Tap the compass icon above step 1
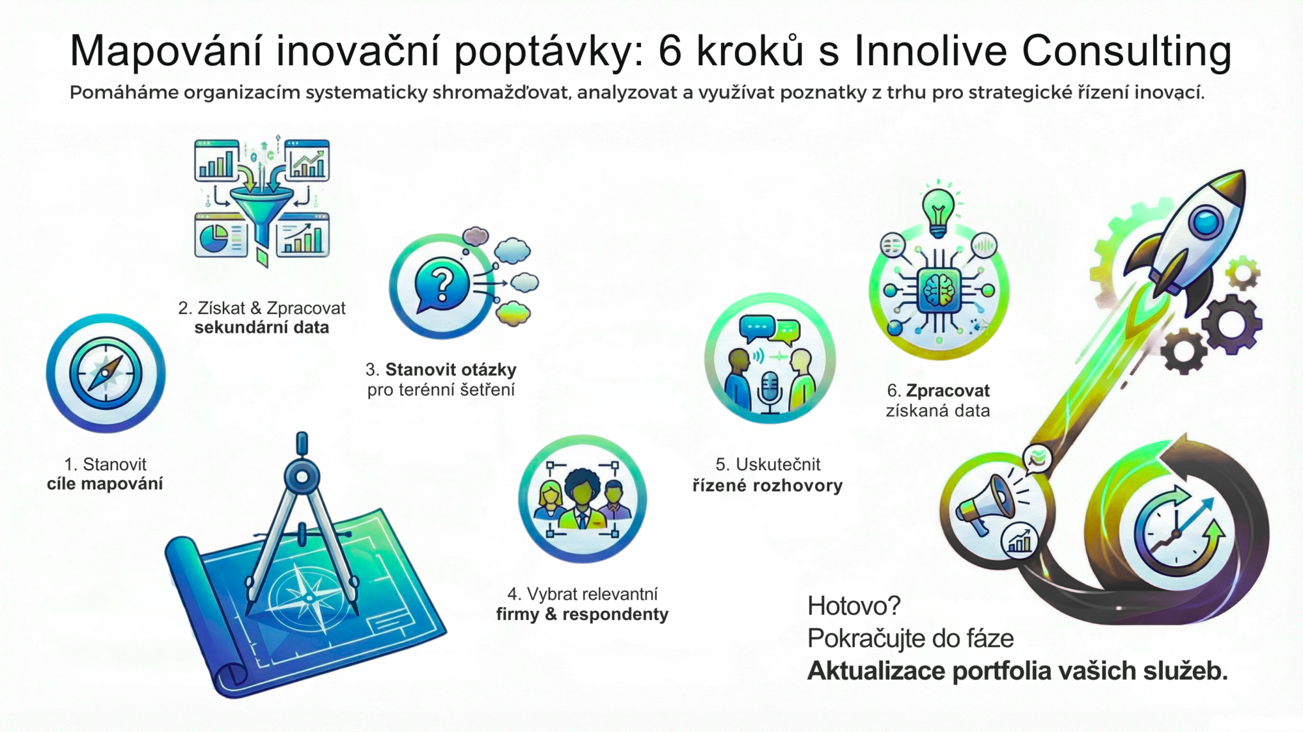[106, 373]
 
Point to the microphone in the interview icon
[769, 391]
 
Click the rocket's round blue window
[1206, 221]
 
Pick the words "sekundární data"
[262, 328]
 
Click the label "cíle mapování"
[105, 484]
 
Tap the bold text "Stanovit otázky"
[451, 370]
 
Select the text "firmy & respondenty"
[582, 614]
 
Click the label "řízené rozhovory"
[767, 485]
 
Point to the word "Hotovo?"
[853, 606]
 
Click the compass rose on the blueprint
[306, 596]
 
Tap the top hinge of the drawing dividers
[302, 475]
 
